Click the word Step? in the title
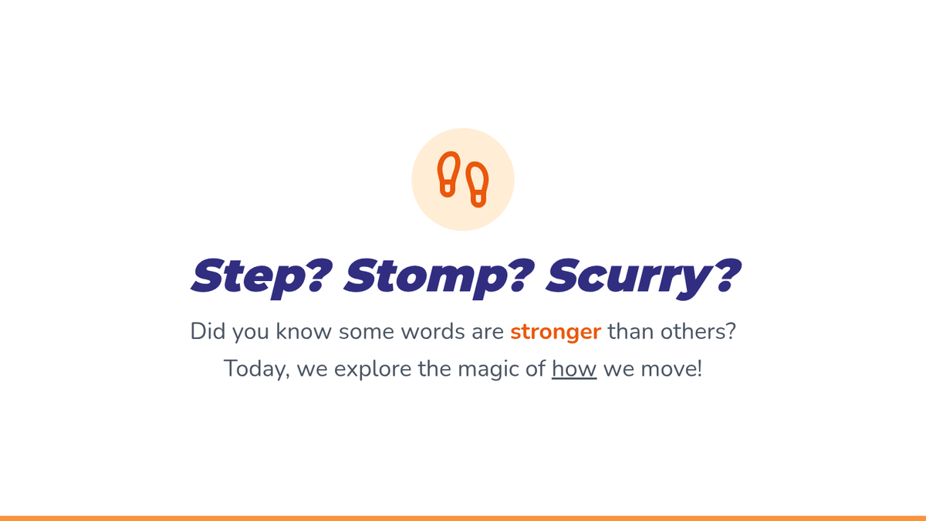pos(262,276)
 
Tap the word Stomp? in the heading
pos(439,276)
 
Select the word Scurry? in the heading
pos(644,277)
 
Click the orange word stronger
pos(556,333)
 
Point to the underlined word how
pos(574,368)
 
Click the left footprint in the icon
pos(448,174)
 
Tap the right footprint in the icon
pos(478,184)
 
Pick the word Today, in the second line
pos(256,369)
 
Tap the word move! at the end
pos(671,369)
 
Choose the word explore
pos(373,370)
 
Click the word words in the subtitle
pos(433,331)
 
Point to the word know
pos(304,331)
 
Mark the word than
pos(630,331)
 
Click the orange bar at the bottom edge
pos(463,518)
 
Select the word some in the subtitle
pos(367,333)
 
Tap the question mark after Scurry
pos(727,275)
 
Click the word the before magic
pos(434,368)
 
